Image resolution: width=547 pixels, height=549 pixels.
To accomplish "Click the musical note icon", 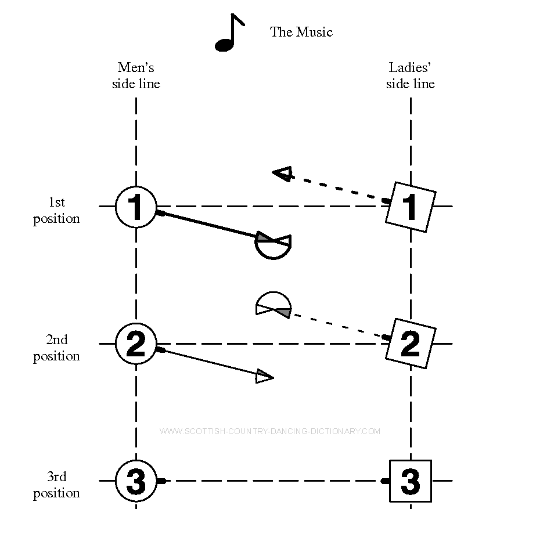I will pyautogui.click(x=229, y=34).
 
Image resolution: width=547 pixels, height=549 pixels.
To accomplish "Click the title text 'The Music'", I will pyautogui.click(x=301, y=32).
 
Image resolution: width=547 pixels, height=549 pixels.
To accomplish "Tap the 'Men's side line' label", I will pyautogui.click(x=136, y=76).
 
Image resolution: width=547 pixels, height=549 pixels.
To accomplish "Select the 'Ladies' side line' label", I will pyautogui.click(x=410, y=76).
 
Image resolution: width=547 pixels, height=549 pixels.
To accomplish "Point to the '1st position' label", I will pyautogui.click(x=56, y=210).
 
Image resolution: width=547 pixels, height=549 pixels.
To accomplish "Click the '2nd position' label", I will pyautogui.click(x=56, y=348).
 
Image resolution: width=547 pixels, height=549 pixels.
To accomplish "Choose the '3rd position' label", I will pyautogui.click(x=56, y=485).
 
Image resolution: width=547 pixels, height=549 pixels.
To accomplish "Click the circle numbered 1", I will pyautogui.click(x=136, y=207).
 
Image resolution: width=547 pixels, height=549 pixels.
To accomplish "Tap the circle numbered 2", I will pyautogui.click(x=136, y=344).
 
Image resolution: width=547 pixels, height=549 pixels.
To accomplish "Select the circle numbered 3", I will pyautogui.click(x=136, y=481).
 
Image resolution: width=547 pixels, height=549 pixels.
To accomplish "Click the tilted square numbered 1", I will pyautogui.click(x=411, y=207).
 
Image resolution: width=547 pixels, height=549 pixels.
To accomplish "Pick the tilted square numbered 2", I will pyautogui.click(x=411, y=344).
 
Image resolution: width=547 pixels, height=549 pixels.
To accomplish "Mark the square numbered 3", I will pyautogui.click(x=411, y=481).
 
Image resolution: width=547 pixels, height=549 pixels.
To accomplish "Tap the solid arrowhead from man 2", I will pyautogui.click(x=264, y=377).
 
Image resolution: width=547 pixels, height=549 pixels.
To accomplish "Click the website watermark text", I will pyautogui.click(x=270, y=431).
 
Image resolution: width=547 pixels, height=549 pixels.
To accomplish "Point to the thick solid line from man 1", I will pyautogui.click(x=209, y=225).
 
